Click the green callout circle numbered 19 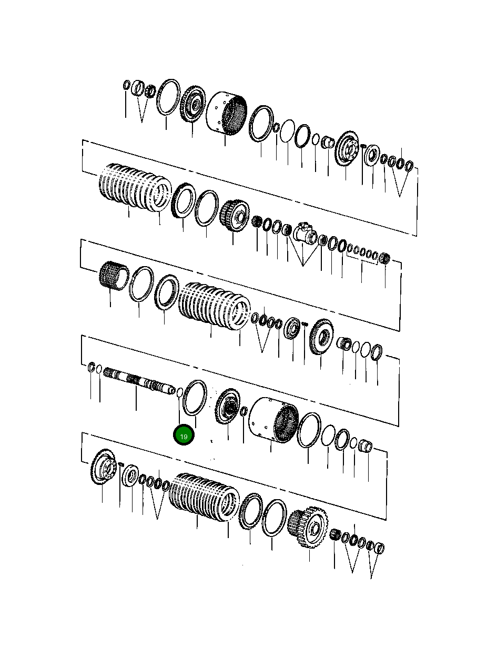tap(184, 436)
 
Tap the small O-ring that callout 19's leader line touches tap(179, 392)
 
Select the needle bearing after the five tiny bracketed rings tap(384, 259)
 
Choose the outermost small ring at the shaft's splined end tap(91, 367)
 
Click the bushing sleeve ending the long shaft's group tap(366, 447)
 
